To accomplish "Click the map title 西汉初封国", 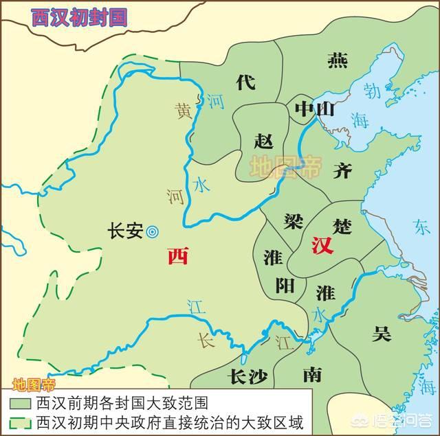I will (x=79, y=17).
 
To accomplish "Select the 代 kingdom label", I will (x=245, y=82).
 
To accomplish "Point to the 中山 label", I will (x=313, y=108).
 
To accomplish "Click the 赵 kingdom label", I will (x=263, y=141).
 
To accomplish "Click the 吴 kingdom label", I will (x=382, y=334).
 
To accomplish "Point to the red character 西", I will (x=177, y=257).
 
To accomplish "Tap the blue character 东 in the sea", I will (x=421, y=225).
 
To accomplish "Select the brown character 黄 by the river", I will (x=184, y=109).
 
